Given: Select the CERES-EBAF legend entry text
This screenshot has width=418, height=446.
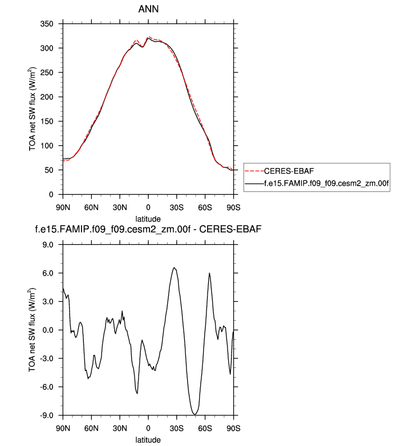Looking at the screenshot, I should click(x=293, y=170).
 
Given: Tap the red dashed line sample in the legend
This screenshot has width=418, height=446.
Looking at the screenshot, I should click(x=255, y=170).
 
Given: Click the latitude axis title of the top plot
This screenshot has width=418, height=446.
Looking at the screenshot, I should click(x=148, y=219).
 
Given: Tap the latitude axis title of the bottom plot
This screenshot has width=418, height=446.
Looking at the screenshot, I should click(x=148, y=439).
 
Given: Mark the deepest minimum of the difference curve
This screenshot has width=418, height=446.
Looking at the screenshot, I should click(x=195, y=414).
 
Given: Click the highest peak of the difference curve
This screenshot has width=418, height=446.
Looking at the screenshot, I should click(x=174, y=268).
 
